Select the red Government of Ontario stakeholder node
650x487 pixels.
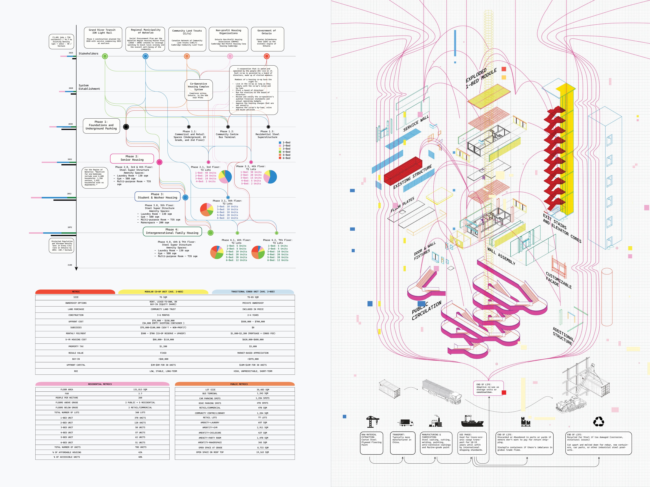[267, 56]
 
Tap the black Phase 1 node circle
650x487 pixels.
[126, 127]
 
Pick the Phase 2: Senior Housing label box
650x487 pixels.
[132, 158]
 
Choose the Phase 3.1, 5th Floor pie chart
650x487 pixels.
[207, 210]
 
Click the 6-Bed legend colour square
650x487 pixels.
[280, 158]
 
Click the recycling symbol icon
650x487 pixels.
[598, 422]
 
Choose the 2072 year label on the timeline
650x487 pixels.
[70, 227]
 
